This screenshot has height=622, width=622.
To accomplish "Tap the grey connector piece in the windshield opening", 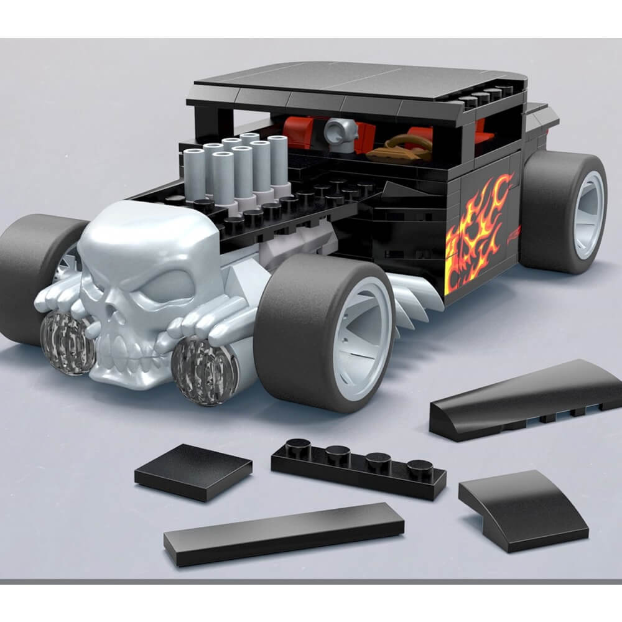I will [340, 132].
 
